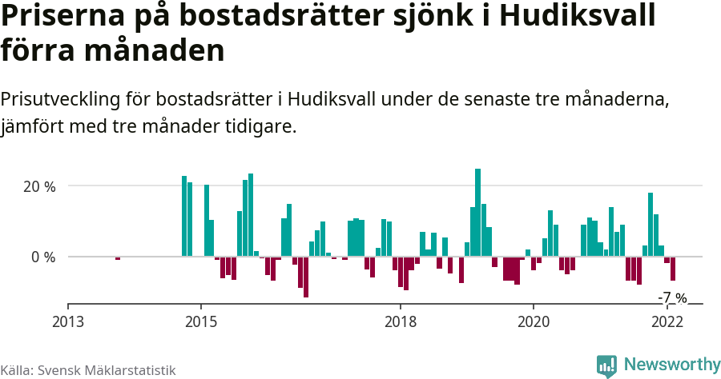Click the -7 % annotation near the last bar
[672, 298]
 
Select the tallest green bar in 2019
[478, 213]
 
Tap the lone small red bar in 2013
[118, 258]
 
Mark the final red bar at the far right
[673, 269]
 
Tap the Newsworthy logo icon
[606, 365]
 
